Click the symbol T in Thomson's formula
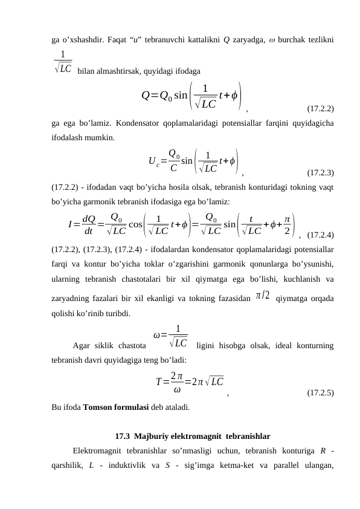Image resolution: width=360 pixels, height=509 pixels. [158, 382]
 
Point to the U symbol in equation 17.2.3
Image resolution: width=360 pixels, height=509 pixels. [152, 160]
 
